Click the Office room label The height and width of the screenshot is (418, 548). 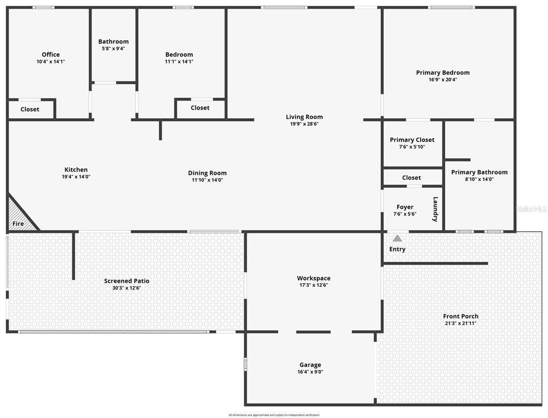tap(51, 55)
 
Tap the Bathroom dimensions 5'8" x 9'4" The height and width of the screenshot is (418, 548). tap(113, 49)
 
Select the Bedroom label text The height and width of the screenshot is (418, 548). tap(179, 55)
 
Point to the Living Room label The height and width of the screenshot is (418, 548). tap(304, 117)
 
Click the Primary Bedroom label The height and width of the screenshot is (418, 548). tap(443, 73)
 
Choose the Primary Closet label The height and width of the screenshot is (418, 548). tap(412, 140)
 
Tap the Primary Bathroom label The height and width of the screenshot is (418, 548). tap(479, 172)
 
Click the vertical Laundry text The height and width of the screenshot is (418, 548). tap(436, 209)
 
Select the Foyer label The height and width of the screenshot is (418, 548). tap(405, 207)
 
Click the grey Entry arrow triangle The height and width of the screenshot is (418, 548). tap(397, 238)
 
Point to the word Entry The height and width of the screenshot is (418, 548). tap(397, 249)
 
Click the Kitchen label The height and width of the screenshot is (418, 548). tap(76, 170)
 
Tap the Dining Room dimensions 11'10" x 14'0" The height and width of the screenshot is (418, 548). tap(207, 180)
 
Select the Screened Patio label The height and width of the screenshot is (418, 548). tap(126, 281)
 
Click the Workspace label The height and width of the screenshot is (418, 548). tap(314, 278)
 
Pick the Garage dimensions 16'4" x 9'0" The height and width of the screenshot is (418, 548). tap(310, 372)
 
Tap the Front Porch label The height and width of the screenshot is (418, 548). tap(461, 316)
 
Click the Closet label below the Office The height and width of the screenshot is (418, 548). tap(30, 110)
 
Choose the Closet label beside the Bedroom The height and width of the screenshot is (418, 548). tap(200, 108)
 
